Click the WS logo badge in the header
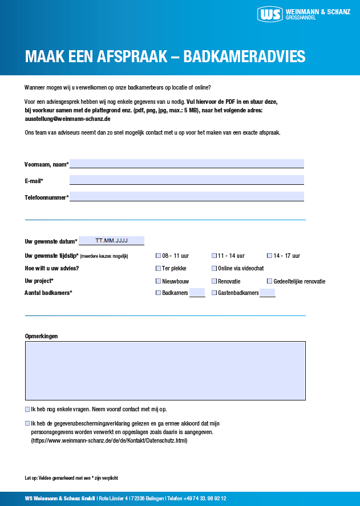coord(270,14)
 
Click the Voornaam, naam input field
coord(187,164)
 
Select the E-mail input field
coord(187,180)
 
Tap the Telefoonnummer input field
coord(187,197)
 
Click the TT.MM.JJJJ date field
coord(111,241)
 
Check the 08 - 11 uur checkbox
coord(158,256)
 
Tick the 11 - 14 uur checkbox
coord(214,256)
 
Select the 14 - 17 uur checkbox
coord(269,256)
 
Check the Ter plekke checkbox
coord(158,268)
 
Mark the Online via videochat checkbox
coord(214,268)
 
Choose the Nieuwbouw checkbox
coord(158,281)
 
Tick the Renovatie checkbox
coord(214,281)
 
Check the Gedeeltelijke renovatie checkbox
coord(269,281)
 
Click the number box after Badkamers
coord(197,293)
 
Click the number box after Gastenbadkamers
coord(267,293)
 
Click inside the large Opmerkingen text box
coord(165,370)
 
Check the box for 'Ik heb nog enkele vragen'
coord(27,409)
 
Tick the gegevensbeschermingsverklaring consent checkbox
coord(27,423)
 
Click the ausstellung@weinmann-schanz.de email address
coord(67,119)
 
